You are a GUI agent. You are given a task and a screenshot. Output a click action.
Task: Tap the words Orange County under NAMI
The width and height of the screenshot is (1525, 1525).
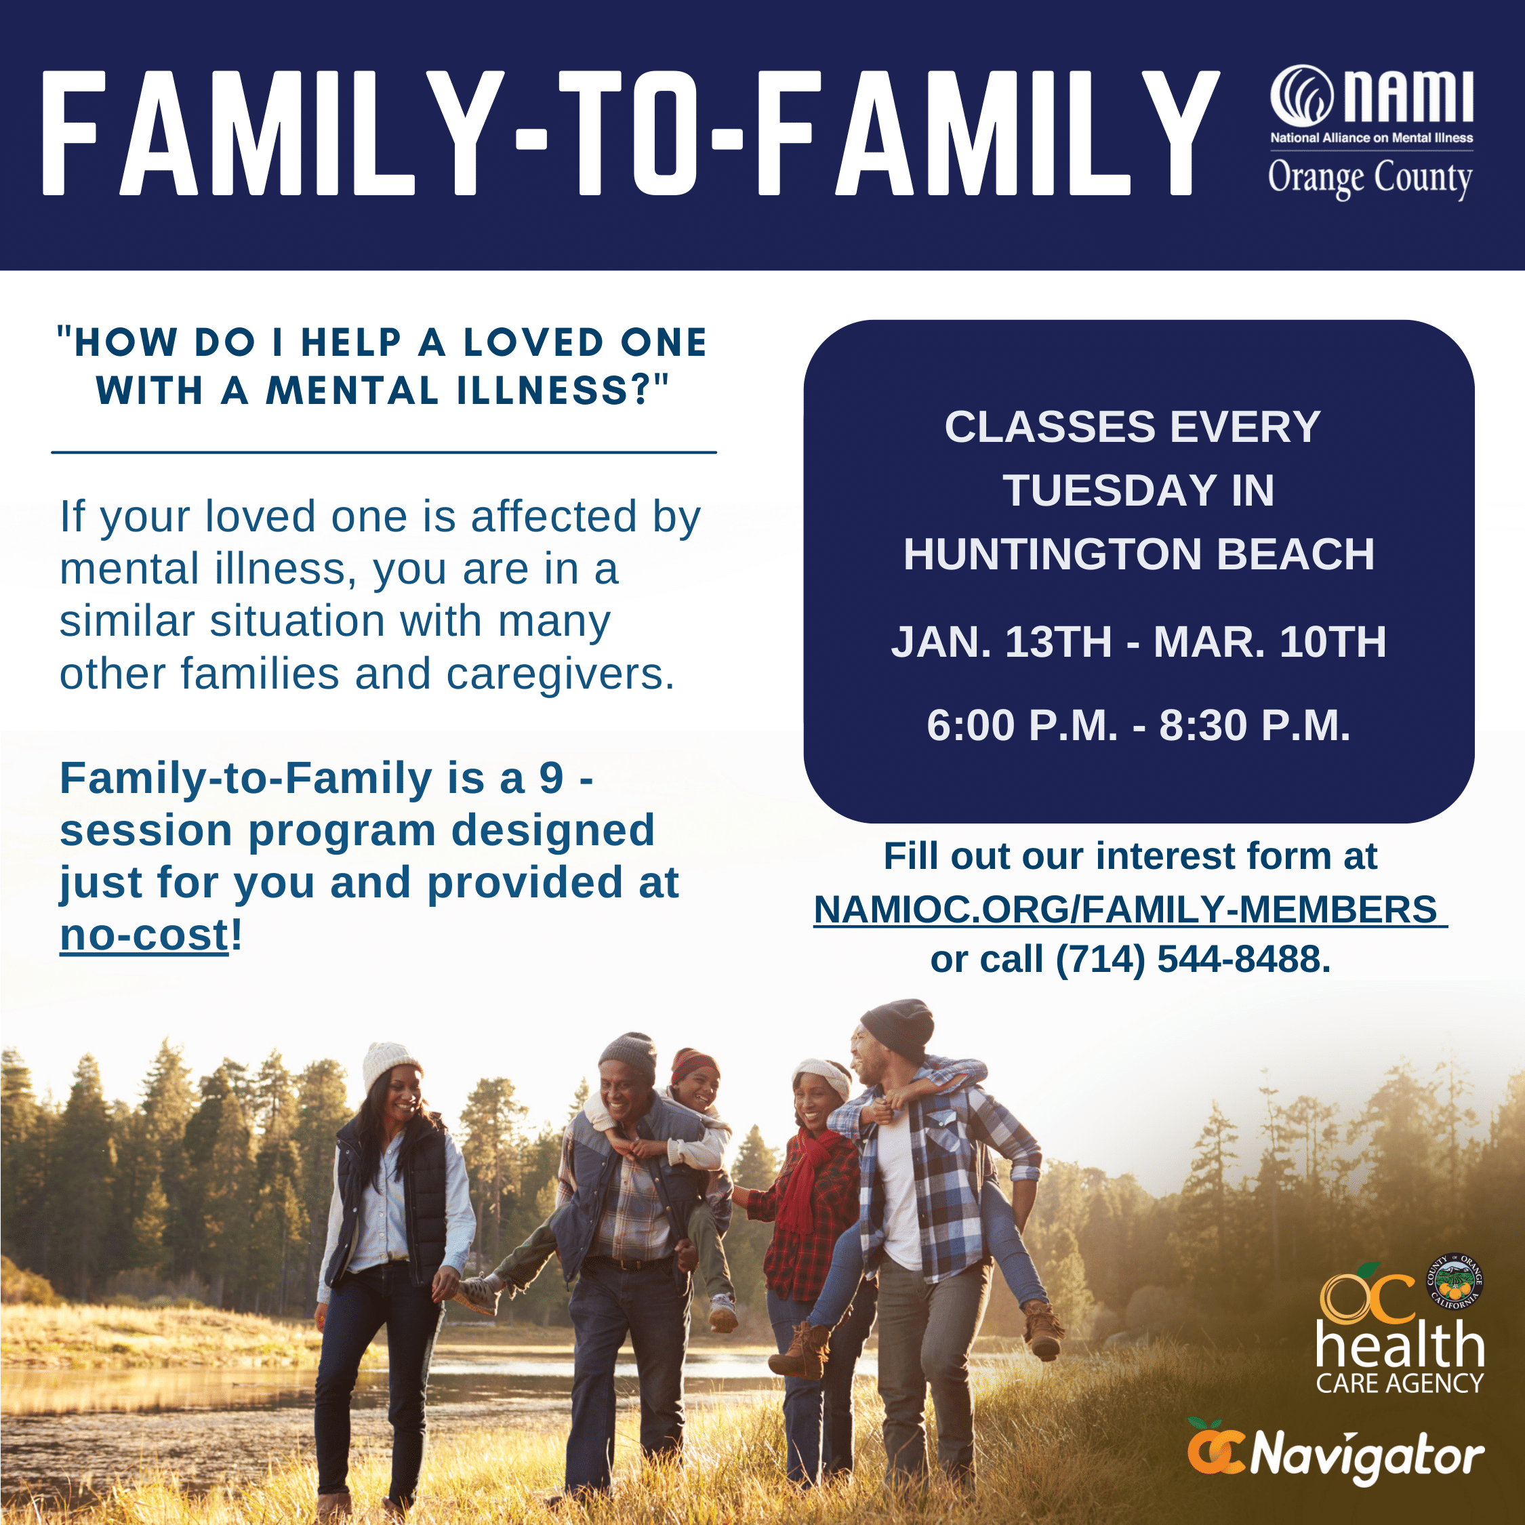click(1370, 178)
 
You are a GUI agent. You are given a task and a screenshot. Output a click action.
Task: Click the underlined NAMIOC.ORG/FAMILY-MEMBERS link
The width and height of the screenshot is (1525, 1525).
click(1130, 910)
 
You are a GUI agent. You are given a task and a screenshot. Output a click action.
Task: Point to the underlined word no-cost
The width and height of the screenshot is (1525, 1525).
click(144, 936)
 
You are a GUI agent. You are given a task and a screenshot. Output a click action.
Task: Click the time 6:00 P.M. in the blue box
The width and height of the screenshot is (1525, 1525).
click(1022, 725)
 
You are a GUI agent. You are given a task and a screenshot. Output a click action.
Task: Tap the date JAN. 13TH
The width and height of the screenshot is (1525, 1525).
click(1001, 642)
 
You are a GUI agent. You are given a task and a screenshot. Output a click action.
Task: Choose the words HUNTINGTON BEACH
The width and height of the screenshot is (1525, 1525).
click(1138, 554)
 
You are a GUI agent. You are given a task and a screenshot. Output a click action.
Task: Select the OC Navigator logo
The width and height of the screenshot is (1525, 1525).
click(1335, 1457)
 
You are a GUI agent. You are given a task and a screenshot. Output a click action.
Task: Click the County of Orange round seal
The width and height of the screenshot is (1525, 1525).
click(1455, 1282)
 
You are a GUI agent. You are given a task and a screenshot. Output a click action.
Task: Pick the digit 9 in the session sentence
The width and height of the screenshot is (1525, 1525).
click(551, 779)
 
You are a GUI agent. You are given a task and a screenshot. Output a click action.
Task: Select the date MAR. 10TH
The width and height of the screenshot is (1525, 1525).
click(1269, 642)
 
